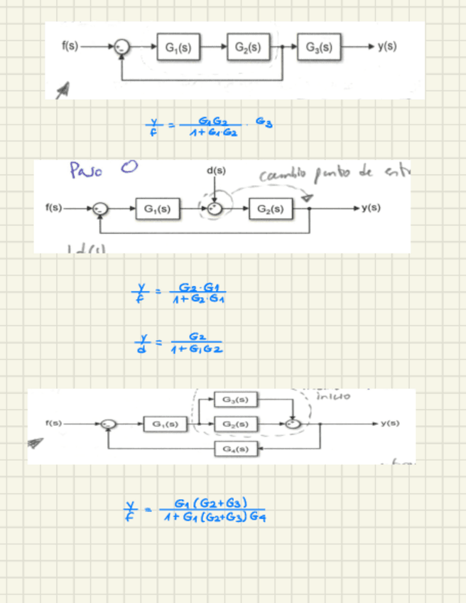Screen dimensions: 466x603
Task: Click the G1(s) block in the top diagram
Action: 178,47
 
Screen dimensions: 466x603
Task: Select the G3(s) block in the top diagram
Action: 319,47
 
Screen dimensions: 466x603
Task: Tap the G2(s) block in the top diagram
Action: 248,47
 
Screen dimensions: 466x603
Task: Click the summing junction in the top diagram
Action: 123,47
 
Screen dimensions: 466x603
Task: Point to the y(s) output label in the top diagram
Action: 387,47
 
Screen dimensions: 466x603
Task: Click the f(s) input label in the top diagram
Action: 70,47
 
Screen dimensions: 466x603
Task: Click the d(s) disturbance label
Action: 216,171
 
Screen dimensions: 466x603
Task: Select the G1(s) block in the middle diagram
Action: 157,208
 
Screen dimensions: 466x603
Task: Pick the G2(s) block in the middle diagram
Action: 271,208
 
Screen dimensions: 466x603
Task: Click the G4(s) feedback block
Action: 235,449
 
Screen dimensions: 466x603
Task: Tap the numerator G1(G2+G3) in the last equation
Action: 214,503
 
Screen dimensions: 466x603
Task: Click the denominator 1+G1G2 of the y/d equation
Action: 197,350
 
